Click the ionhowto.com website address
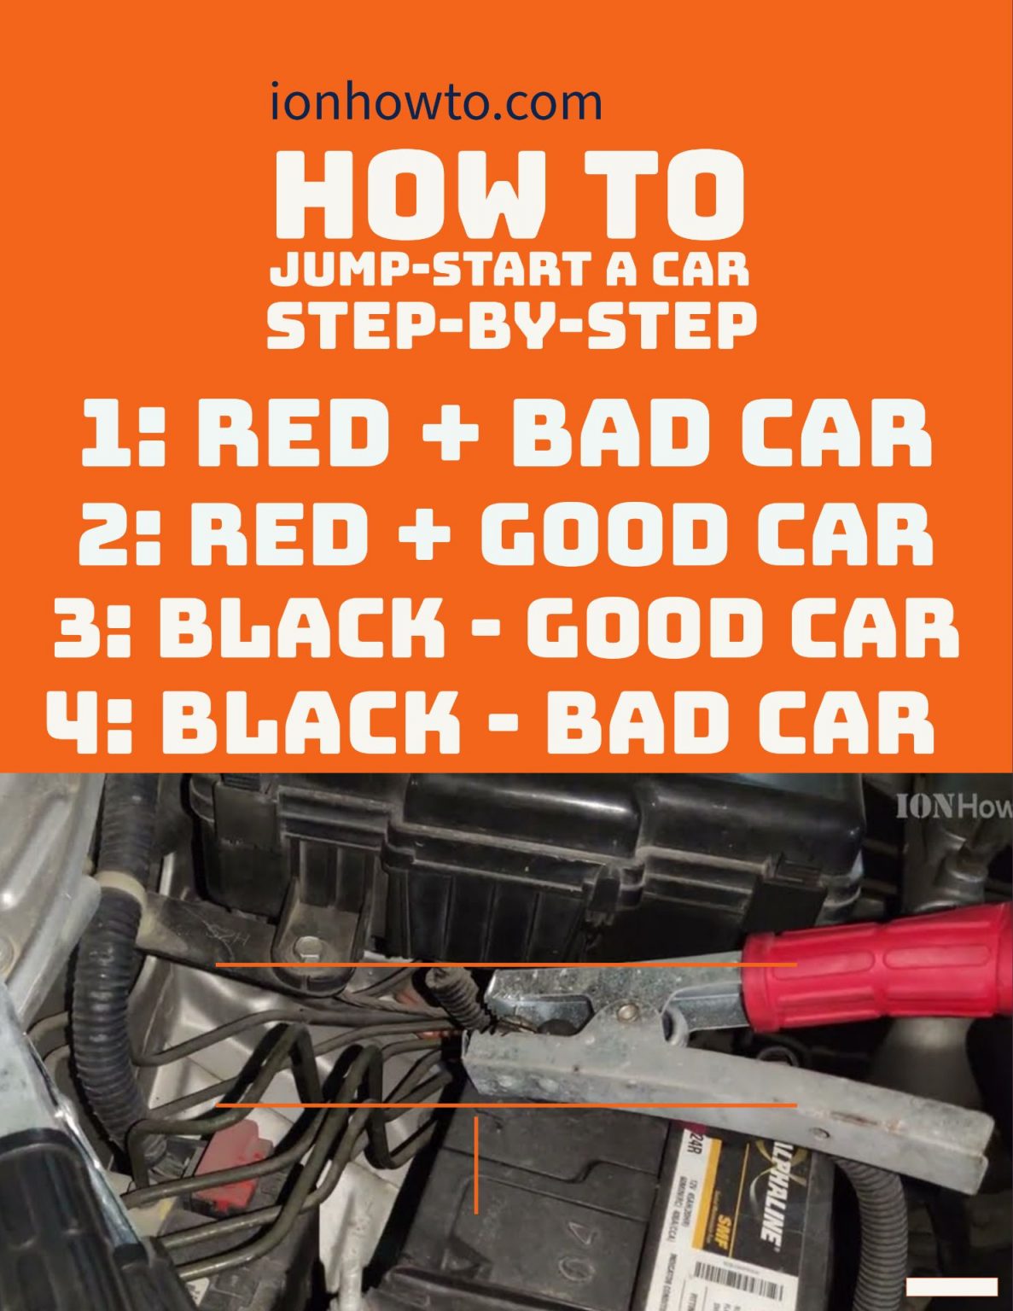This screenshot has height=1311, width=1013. click(x=436, y=102)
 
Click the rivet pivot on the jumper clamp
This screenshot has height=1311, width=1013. click(x=627, y=1011)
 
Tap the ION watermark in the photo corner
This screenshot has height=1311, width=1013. click(x=952, y=806)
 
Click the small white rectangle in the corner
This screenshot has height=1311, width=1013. click(x=951, y=1286)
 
